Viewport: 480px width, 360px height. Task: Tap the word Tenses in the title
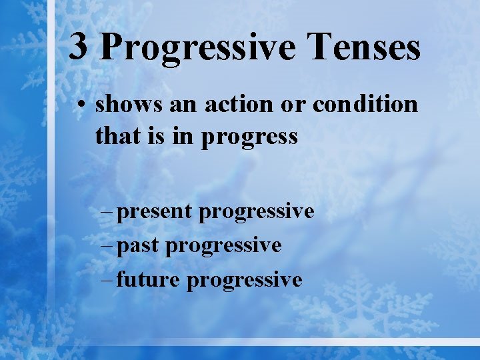coord(361,48)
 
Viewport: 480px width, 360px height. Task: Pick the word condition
coord(365,105)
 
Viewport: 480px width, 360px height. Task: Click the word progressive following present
coord(257,213)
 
